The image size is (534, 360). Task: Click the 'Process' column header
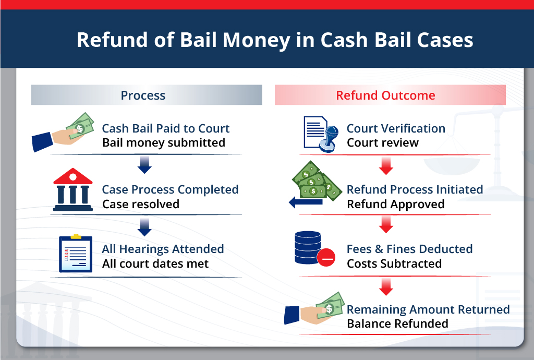pyautogui.click(x=143, y=95)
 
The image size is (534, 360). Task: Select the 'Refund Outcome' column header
pyautogui.click(x=385, y=95)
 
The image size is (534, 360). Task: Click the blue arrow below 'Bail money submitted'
pyautogui.click(x=144, y=165)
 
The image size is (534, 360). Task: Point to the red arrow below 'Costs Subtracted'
pyautogui.click(x=386, y=286)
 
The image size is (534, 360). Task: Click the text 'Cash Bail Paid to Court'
pyautogui.click(x=165, y=128)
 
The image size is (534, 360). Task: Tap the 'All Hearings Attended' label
pyautogui.click(x=163, y=249)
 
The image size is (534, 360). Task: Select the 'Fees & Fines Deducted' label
pyautogui.click(x=409, y=249)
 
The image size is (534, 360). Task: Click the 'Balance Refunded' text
pyautogui.click(x=397, y=323)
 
